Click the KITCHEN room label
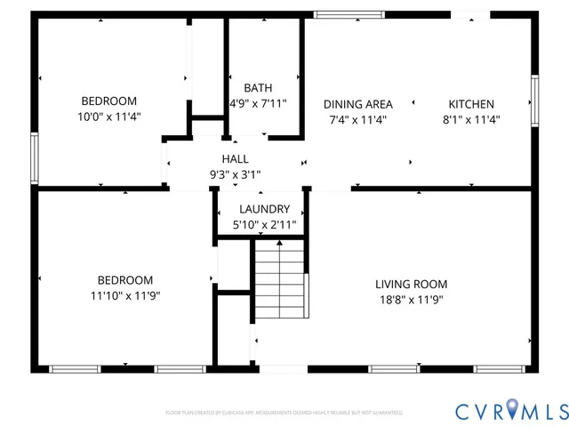[x=470, y=104]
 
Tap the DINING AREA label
[x=358, y=104]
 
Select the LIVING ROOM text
[x=411, y=284]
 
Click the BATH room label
[x=258, y=88]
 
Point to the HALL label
[x=235, y=158]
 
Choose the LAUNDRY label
[x=264, y=209]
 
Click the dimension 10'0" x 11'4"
[x=109, y=117]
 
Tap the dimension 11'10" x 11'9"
[x=125, y=295]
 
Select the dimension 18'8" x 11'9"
[x=410, y=300]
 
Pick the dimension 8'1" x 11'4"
[x=471, y=119]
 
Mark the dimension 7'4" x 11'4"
[x=358, y=119]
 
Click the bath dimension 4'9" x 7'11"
[x=258, y=104]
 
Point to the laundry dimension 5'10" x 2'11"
[x=264, y=225]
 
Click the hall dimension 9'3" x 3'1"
[x=235, y=174]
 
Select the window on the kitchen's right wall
[x=534, y=99]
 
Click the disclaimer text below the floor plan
[x=284, y=413]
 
